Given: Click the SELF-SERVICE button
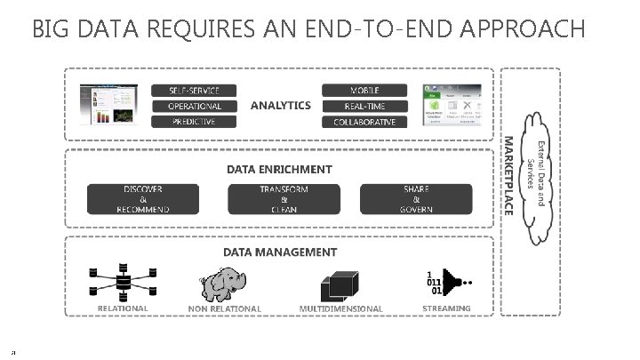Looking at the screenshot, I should click(x=195, y=90).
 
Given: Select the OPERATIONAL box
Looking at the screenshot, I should click(x=195, y=106).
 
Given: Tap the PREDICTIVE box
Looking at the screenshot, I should click(x=195, y=122).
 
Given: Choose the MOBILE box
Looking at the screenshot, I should click(x=364, y=90).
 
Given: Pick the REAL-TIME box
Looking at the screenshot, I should click(x=364, y=106).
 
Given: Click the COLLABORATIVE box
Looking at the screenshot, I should click(x=364, y=122).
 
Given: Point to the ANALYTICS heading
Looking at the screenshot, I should click(x=280, y=105).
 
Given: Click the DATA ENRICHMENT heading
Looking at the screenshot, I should click(x=279, y=169).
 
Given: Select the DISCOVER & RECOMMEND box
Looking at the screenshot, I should click(x=143, y=199).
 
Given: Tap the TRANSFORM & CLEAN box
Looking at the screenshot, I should click(x=284, y=199).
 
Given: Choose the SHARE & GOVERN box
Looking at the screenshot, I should click(x=416, y=199).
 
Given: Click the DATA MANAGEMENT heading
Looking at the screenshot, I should click(x=280, y=252).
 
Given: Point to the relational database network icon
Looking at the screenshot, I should click(x=123, y=282).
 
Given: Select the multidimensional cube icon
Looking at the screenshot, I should click(x=340, y=284).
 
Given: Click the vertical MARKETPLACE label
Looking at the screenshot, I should click(x=508, y=174).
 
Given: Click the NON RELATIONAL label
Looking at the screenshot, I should click(x=225, y=309).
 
